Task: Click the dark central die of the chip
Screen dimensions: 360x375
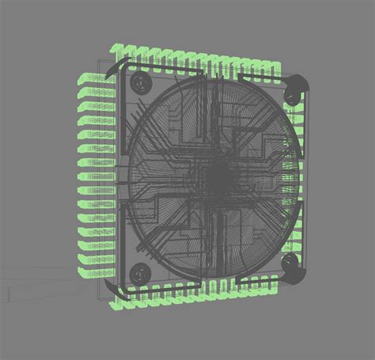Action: point(215,181)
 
